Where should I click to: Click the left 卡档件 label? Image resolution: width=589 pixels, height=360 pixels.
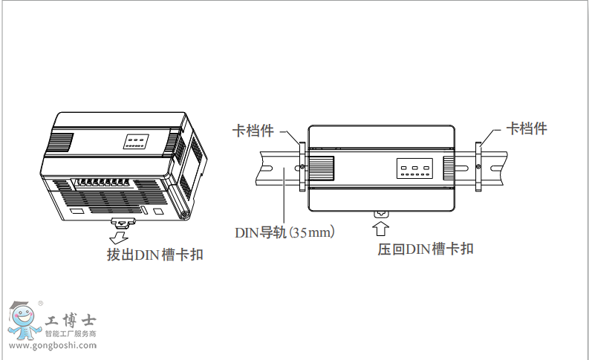[253, 131]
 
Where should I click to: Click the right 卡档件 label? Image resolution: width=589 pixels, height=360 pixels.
[527, 128]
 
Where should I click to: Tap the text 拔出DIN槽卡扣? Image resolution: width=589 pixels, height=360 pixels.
[154, 255]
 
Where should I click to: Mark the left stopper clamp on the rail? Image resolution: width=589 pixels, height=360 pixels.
[302, 166]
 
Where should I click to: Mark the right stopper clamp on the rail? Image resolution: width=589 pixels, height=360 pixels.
[478, 165]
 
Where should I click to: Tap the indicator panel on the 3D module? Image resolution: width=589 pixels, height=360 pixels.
[135, 140]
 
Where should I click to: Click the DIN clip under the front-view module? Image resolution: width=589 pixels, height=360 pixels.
[381, 214]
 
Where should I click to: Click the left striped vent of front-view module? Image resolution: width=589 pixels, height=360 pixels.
[321, 166]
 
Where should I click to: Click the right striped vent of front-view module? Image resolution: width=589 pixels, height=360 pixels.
[449, 166]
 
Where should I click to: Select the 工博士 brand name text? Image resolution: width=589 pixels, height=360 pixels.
[71, 321]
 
